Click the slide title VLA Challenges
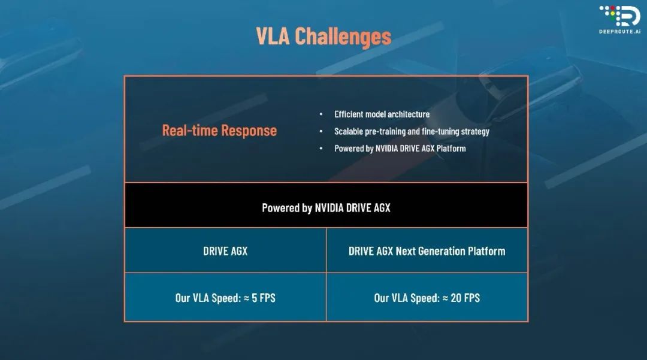[323, 37]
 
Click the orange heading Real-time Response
[219, 131]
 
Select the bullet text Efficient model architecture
[382, 114]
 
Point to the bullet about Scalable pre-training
[412, 132]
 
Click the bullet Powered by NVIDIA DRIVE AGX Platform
[400, 149]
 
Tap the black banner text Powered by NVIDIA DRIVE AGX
[326, 208]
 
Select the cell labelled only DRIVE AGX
[225, 251]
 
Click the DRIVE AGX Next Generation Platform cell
[427, 251]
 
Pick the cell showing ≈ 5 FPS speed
[225, 297]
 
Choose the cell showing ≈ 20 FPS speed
[427, 297]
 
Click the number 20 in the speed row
[456, 298]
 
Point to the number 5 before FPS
[254, 298]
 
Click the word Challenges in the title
[343, 37]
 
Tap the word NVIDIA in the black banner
[329, 208]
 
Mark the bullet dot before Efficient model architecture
[321, 114]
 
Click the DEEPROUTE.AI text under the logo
[620, 31]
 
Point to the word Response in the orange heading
[249, 131]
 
